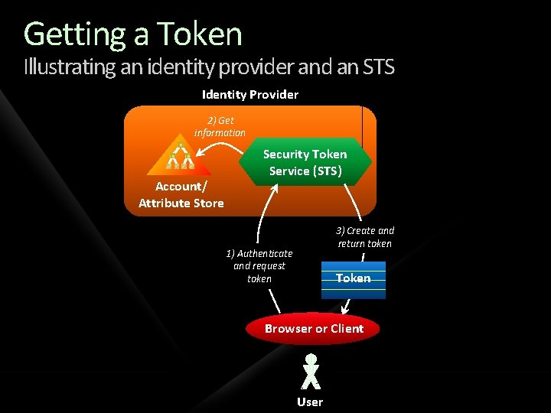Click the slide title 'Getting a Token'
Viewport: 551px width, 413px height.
(x=133, y=34)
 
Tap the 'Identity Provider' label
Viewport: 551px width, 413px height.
(x=250, y=94)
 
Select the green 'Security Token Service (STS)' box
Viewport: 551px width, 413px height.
(x=305, y=162)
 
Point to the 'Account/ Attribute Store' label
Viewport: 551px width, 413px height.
(x=181, y=194)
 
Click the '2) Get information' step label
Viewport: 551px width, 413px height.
(x=220, y=126)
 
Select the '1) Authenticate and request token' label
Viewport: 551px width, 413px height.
(x=259, y=265)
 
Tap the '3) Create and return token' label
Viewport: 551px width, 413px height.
(x=365, y=236)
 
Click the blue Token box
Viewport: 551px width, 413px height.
(x=354, y=279)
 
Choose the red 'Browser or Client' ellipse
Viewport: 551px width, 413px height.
(x=314, y=329)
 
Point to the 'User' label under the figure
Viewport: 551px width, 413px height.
(x=310, y=402)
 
